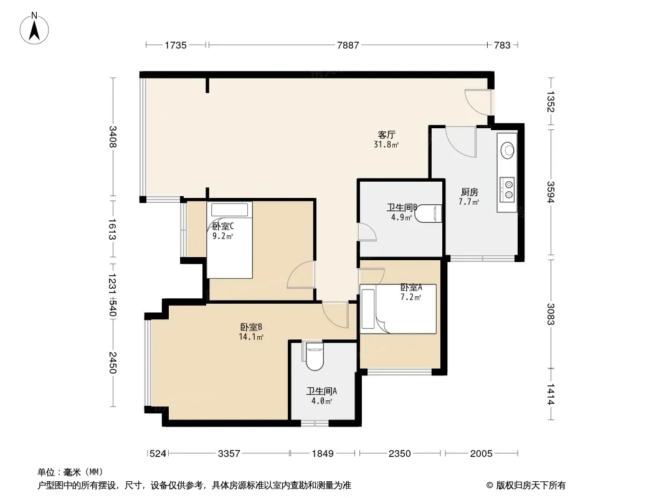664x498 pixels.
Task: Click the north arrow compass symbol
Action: pyautogui.click(x=34, y=29)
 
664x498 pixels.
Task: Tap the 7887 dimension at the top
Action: pyautogui.click(x=348, y=45)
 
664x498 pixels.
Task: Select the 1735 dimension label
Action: pyautogui.click(x=175, y=45)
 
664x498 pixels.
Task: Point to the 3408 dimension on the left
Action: pyautogui.click(x=113, y=137)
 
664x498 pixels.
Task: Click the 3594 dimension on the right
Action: pyautogui.click(x=551, y=192)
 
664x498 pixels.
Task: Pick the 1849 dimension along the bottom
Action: pyautogui.click(x=323, y=454)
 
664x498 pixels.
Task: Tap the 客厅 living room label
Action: pyautogui.click(x=386, y=134)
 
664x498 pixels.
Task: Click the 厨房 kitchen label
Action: pyautogui.click(x=469, y=192)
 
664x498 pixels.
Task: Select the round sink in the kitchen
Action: pyautogui.click(x=507, y=150)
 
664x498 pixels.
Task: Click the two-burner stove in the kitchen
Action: pyautogui.click(x=507, y=189)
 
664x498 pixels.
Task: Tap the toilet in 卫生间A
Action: pyautogui.click(x=314, y=356)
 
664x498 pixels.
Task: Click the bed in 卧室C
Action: pyautogui.click(x=229, y=240)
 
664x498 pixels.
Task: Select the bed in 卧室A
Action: pyautogui.click(x=398, y=309)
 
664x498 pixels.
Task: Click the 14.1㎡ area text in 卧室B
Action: pyautogui.click(x=251, y=337)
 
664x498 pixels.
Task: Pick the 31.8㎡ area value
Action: pyautogui.click(x=386, y=144)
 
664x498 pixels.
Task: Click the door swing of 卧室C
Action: pyautogui.click(x=301, y=275)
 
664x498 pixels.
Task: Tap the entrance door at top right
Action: pyautogui.click(x=478, y=102)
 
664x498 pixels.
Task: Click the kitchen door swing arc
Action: pyautogui.click(x=461, y=142)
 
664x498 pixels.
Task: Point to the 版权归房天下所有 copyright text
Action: pyautogui.click(x=531, y=486)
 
